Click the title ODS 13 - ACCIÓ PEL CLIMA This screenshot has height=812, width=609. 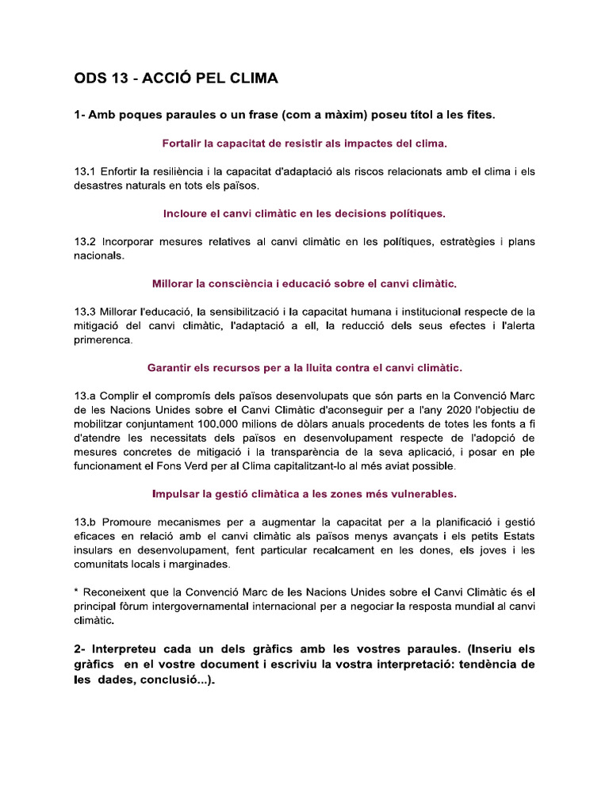175,79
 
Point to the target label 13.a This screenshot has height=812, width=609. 85,396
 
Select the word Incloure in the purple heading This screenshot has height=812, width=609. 186,213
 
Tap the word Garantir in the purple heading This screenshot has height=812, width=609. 171,367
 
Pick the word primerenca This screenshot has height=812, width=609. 104,340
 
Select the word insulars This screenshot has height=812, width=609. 95,550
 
